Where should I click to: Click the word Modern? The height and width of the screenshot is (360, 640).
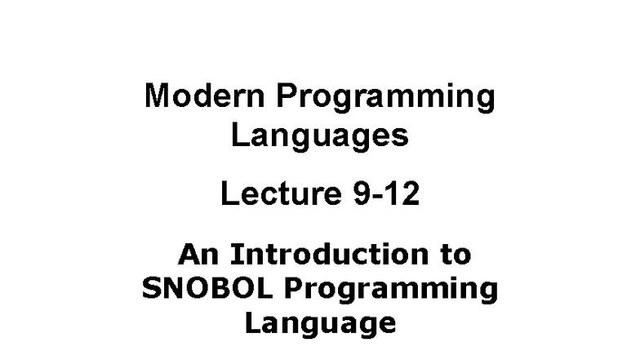pos(205,96)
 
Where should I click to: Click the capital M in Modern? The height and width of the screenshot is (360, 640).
pos(157,96)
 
